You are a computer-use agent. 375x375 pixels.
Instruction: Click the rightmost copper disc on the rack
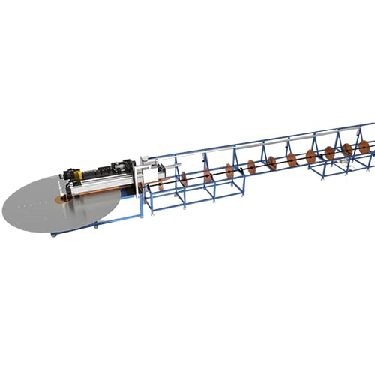(x=364, y=148)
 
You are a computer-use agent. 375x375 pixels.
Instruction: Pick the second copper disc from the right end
(x=347, y=150)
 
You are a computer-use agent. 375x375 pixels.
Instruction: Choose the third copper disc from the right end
(x=330, y=153)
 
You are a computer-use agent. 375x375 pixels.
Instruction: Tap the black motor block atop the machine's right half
(x=120, y=167)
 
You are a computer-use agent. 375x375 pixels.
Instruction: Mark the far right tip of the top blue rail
(x=373, y=122)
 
